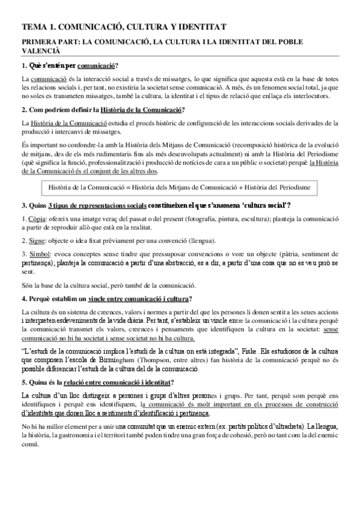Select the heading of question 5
[x=99, y=382]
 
